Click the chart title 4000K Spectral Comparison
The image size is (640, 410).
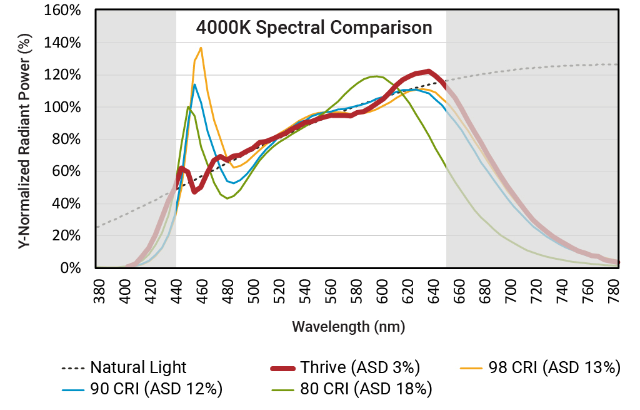314,28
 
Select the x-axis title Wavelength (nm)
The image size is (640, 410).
348,327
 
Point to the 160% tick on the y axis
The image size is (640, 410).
64,11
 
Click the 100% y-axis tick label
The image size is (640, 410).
64,107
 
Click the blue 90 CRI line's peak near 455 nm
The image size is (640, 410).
194,85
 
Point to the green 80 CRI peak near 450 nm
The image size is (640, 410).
188,106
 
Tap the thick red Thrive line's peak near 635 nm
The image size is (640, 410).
428,71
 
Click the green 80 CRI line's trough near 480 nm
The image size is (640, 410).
227,198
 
